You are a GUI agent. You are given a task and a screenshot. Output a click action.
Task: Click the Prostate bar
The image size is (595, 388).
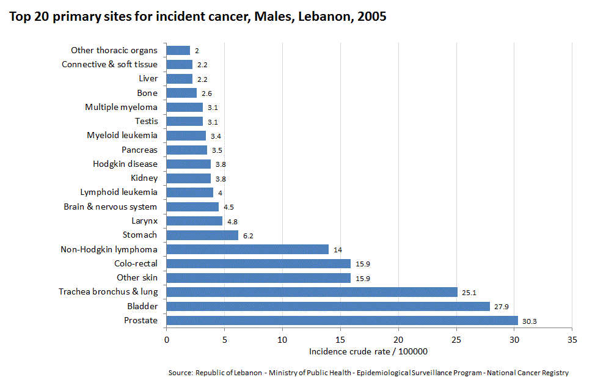342,320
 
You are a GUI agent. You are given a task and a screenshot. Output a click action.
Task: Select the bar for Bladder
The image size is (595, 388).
328,306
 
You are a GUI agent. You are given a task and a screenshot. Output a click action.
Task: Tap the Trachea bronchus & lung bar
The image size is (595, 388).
312,292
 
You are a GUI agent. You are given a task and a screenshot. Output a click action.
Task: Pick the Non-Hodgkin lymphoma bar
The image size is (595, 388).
247,249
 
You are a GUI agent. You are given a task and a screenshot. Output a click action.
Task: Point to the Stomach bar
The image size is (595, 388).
202,235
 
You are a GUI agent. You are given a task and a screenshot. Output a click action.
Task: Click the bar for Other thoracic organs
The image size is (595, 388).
178,50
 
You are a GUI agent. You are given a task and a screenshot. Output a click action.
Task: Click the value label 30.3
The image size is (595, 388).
529,321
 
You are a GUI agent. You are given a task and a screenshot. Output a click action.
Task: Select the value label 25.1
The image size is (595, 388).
469,293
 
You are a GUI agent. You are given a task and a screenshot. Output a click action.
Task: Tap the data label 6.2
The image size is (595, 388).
249,235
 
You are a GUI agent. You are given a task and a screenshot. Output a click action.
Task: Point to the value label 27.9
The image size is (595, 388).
501,307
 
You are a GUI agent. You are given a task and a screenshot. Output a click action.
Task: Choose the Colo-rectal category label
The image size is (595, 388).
136,263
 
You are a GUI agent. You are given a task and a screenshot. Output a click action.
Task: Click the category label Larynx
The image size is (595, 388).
144,221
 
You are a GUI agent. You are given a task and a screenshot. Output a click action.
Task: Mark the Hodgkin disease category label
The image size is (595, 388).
125,164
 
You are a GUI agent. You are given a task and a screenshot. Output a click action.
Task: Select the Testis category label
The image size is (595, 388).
146,121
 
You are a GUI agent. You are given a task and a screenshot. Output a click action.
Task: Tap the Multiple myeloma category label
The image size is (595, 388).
121,107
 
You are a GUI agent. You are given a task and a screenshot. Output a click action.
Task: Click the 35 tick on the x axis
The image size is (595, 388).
572,339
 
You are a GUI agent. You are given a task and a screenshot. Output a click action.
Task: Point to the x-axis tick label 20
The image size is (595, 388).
398,339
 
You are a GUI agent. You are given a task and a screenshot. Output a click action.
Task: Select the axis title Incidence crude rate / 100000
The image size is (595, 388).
368,351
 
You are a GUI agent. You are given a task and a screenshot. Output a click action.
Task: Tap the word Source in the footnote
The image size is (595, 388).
180,373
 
